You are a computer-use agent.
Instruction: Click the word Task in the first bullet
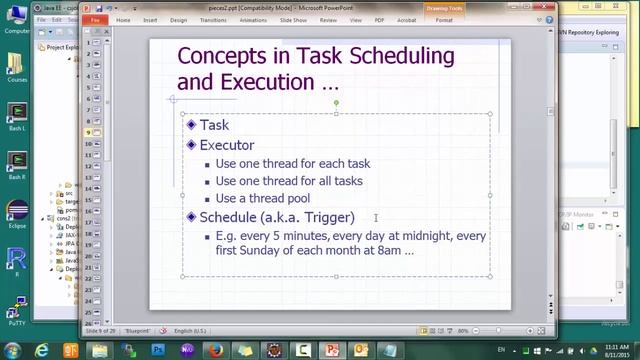click(x=214, y=126)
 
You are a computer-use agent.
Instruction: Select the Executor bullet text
click(x=227, y=145)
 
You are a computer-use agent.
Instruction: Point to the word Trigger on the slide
click(x=327, y=217)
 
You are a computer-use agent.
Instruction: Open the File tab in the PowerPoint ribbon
click(x=94, y=19)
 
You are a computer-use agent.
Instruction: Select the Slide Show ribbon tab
click(x=293, y=19)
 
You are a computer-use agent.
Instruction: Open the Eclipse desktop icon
click(x=16, y=214)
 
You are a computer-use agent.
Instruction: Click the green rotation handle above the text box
click(x=336, y=102)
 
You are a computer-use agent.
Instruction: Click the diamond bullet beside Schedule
click(x=191, y=217)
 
